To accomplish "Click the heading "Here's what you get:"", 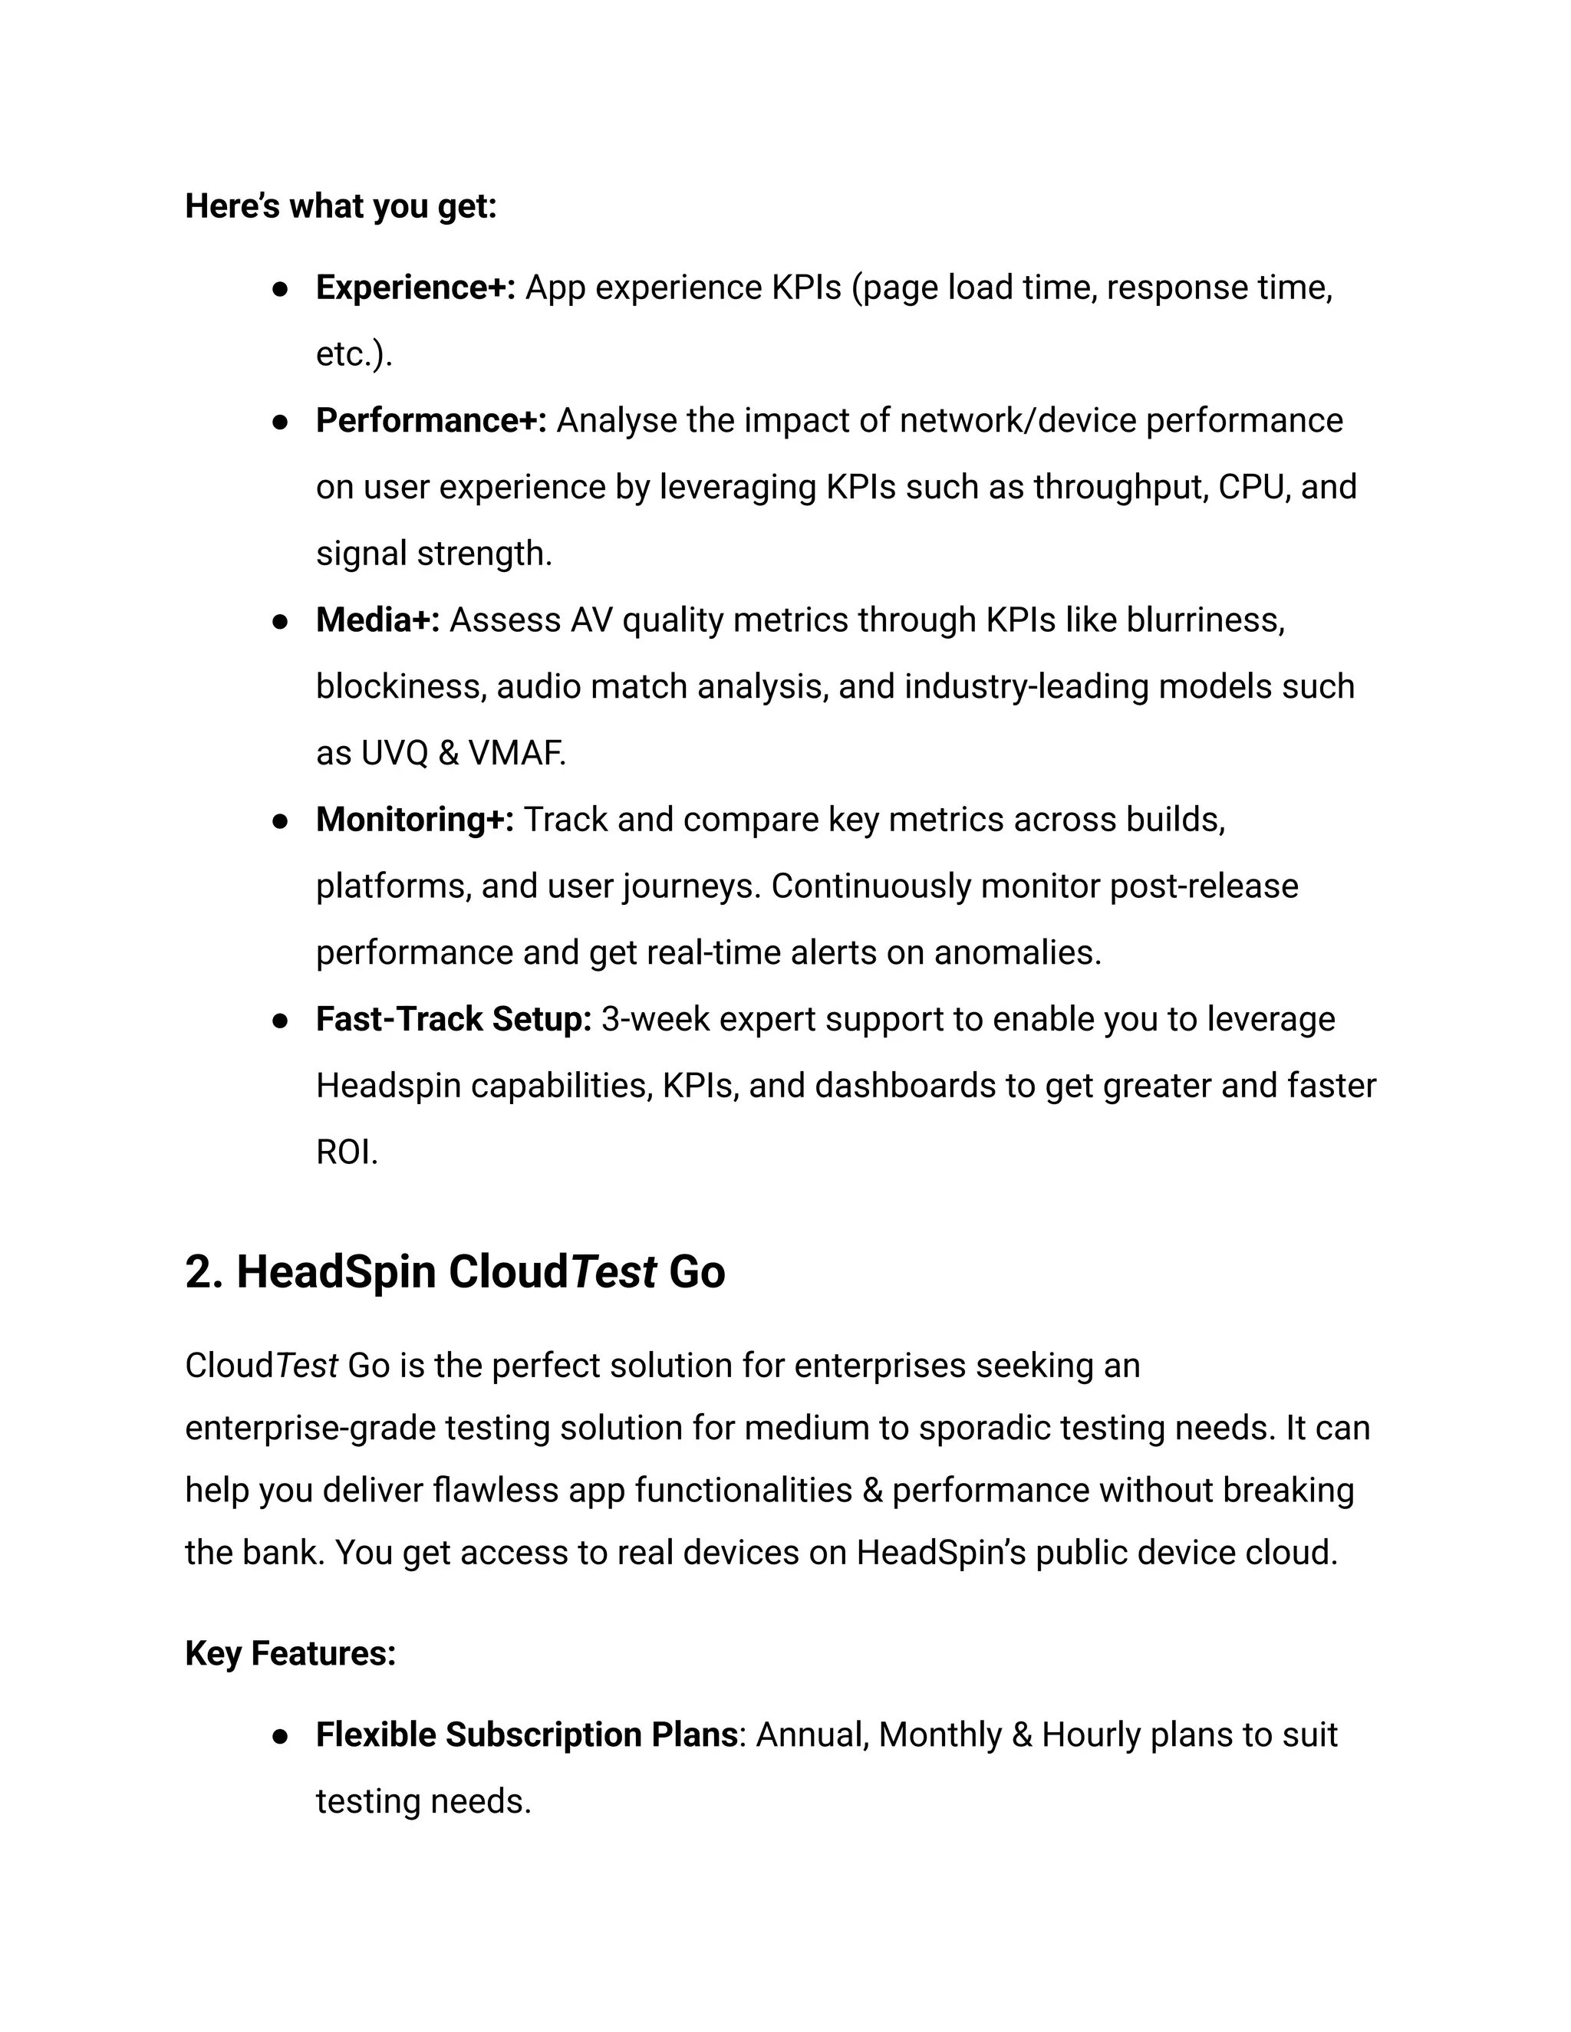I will pos(341,206).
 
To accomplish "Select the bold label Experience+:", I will pos(415,288).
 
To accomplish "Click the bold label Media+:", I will pos(377,620).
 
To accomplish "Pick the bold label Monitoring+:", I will pos(414,820).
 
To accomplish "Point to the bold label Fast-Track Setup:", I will pos(453,1020).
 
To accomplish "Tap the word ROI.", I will pos(345,1152).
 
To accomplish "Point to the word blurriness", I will pos(1204,620).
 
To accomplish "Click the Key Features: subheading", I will pos(291,1653).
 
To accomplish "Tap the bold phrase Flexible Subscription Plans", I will pos(525,1735).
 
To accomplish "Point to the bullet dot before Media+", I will pos(278,622).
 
